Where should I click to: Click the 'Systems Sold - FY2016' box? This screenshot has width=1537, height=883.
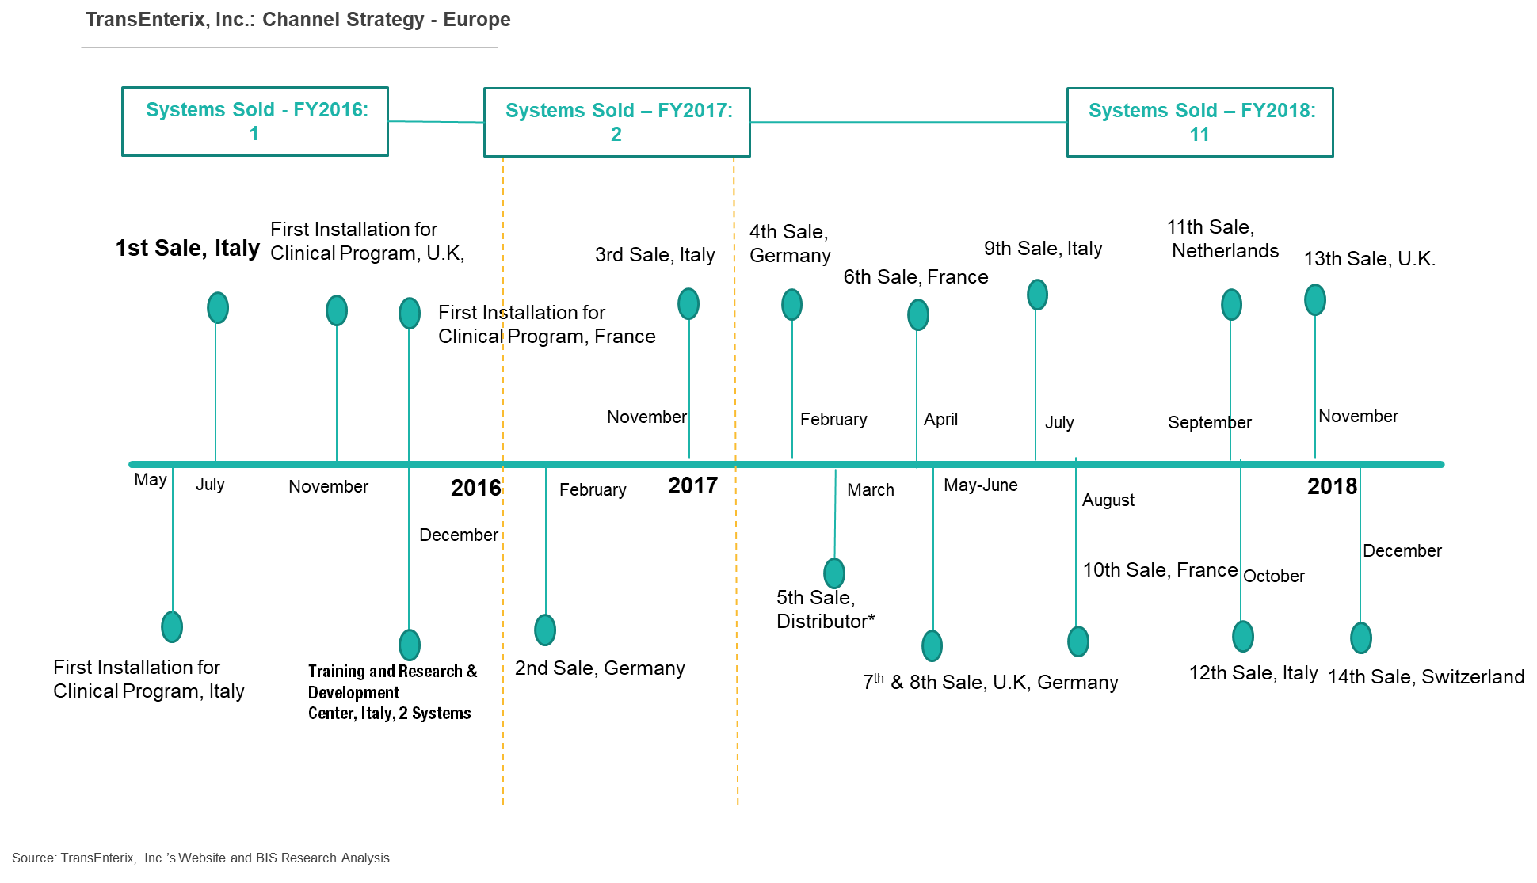pos(255,87)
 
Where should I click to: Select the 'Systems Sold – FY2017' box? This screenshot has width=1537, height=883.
pos(617,88)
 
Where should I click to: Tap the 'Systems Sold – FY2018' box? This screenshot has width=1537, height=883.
pos(1200,88)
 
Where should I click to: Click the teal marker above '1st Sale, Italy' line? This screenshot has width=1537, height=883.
pos(218,308)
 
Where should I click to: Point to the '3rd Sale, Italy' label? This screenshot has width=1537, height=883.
pos(655,255)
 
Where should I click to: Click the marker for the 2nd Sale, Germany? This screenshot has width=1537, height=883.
pos(545,630)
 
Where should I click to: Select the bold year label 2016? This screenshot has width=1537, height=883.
pos(476,488)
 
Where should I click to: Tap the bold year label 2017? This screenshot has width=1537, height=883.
pos(692,485)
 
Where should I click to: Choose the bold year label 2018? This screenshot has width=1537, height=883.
pos(1332,486)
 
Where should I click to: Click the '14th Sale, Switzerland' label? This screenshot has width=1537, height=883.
pos(1426,677)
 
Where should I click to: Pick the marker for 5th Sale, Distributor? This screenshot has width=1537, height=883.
pos(834,573)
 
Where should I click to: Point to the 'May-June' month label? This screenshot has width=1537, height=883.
pos(981,485)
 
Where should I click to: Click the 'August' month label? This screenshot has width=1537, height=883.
pos(1108,500)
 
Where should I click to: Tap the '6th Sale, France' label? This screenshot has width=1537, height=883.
pos(916,277)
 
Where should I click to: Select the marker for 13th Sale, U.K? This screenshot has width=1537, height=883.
pos(1315,300)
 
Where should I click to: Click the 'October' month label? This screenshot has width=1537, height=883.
pos(1274,577)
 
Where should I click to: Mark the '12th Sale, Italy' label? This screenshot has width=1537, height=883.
pos(1253,673)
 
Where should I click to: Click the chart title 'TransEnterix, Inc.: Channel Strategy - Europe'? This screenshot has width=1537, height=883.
pos(298,20)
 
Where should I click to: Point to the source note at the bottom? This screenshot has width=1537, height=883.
pos(200,858)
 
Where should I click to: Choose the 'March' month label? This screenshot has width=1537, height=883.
pos(871,490)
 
